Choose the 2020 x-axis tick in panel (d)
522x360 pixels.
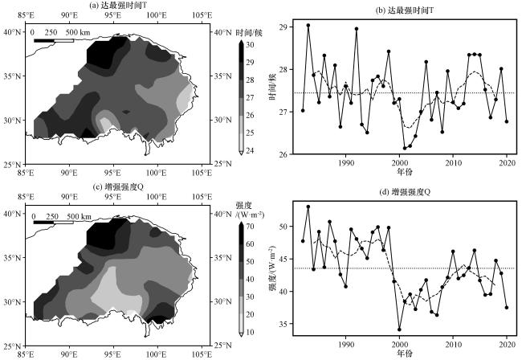tap(507, 342)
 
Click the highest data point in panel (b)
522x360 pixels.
tap(308, 26)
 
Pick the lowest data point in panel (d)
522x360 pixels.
tap(399, 329)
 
